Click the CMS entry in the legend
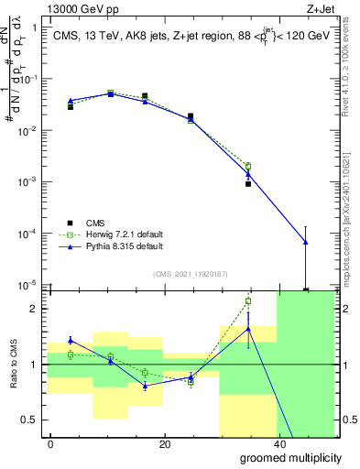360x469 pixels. pos(94,222)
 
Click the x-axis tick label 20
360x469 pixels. pos(164,444)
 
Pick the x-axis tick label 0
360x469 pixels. pos(51,444)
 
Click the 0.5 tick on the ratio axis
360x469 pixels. pos(33,420)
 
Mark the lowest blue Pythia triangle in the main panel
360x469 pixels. pos(305,242)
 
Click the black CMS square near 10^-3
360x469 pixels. pos(248,184)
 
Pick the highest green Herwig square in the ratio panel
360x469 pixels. pos(248,300)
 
